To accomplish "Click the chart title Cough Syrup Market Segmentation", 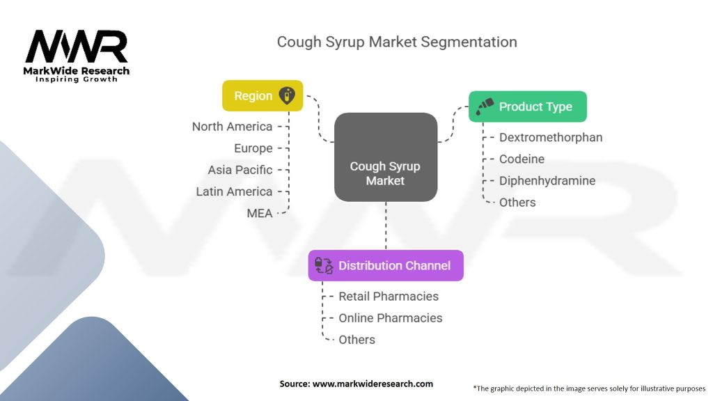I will [396, 41].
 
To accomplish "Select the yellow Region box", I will [263, 96].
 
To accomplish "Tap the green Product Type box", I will [527, 107].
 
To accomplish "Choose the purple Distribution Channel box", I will [385, 265].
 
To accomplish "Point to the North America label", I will [232, 127].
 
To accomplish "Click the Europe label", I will [253, 148].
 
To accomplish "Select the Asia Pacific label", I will [240, 170].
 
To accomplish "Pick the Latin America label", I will [234, 191].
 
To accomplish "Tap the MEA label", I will [260, 213].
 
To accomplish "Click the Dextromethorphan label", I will [550, 137].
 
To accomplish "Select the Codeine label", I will [522, 159].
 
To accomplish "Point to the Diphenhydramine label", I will [547, 180].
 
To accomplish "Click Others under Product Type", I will [517, 203].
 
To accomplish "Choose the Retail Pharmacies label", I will [389, 296].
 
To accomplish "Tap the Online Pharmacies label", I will [390, 317].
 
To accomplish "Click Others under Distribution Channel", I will [356, 340].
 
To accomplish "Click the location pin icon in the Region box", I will [287, 96].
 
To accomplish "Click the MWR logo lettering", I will [77, 47].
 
